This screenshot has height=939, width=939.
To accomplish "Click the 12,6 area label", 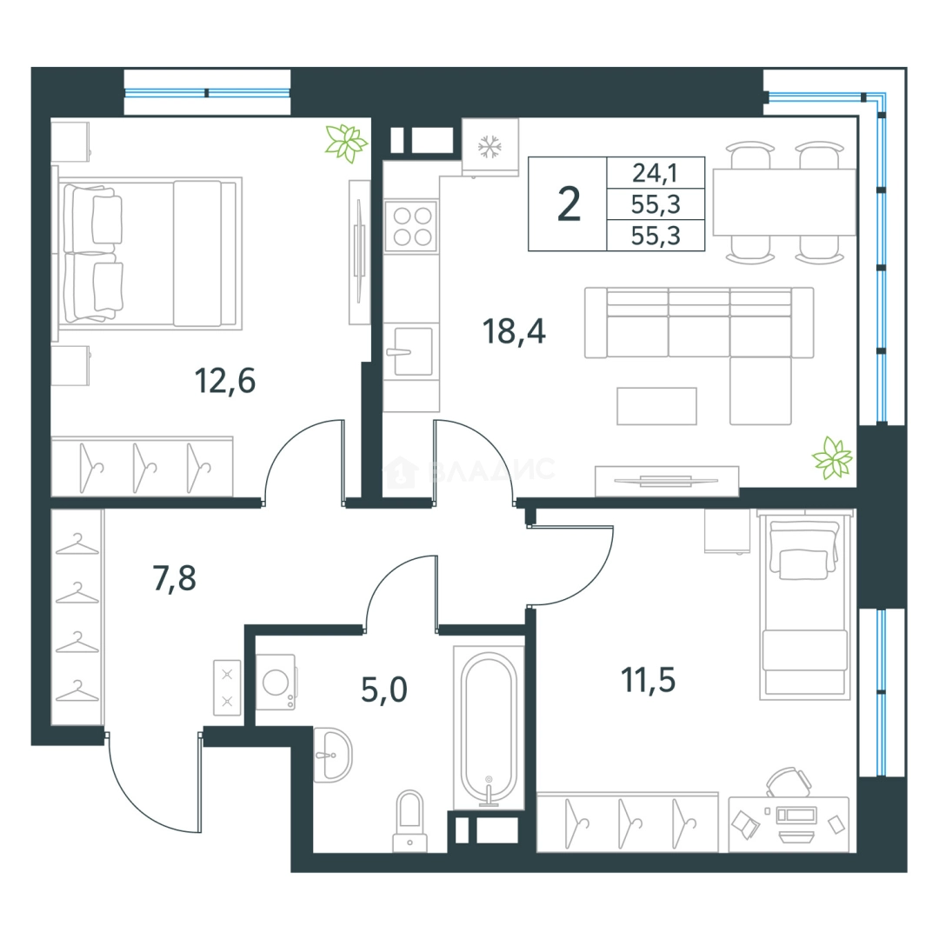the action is tap(225, 381).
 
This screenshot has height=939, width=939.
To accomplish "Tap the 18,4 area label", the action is tap(514, 332).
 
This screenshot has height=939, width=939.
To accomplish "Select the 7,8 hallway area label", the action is tap(174, 578).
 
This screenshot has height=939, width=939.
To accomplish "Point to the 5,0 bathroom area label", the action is tap(384, 689).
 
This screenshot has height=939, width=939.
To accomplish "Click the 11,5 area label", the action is tap(648, 680).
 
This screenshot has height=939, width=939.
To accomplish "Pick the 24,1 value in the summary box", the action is tap(656, 173).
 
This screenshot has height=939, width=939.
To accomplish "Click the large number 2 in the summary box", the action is tap(569, 204).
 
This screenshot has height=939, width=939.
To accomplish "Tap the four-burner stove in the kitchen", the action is tap(410, 226).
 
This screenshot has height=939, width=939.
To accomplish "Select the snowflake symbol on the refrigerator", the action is tap(489, 147).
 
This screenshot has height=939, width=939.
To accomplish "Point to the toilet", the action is tap(410, 821).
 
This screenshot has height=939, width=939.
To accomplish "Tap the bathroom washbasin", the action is tap(332, 756).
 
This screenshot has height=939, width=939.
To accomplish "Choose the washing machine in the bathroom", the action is tap(276, 683).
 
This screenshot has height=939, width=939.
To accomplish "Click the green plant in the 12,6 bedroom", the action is tap(345, 143).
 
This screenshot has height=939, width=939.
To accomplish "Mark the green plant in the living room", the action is tap(832, 458).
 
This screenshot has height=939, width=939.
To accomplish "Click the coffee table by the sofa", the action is tap(656, 407).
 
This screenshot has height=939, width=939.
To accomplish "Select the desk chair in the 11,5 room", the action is tap(789, 782).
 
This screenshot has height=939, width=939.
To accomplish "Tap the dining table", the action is tap(784, 203).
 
